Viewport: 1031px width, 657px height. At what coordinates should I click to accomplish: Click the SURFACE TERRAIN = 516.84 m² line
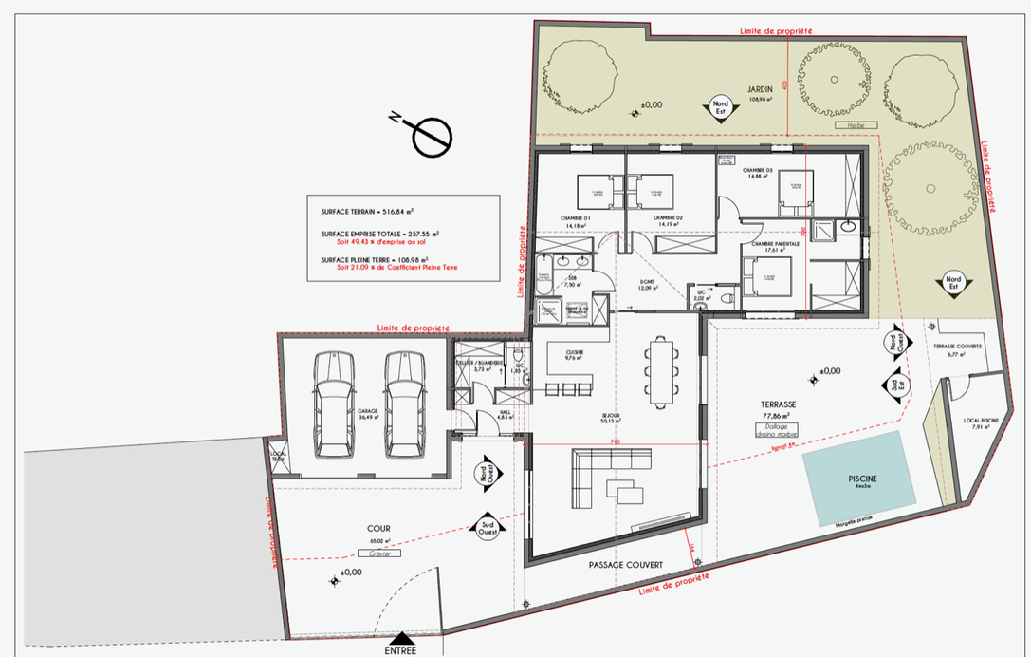pyautogui.click(x=369, y=214)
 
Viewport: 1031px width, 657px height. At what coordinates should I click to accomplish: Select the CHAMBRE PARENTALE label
pyautogui.click(x=776, y=244)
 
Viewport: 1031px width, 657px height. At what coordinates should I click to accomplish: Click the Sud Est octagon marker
pyautogui.click(x=893, y=384)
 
